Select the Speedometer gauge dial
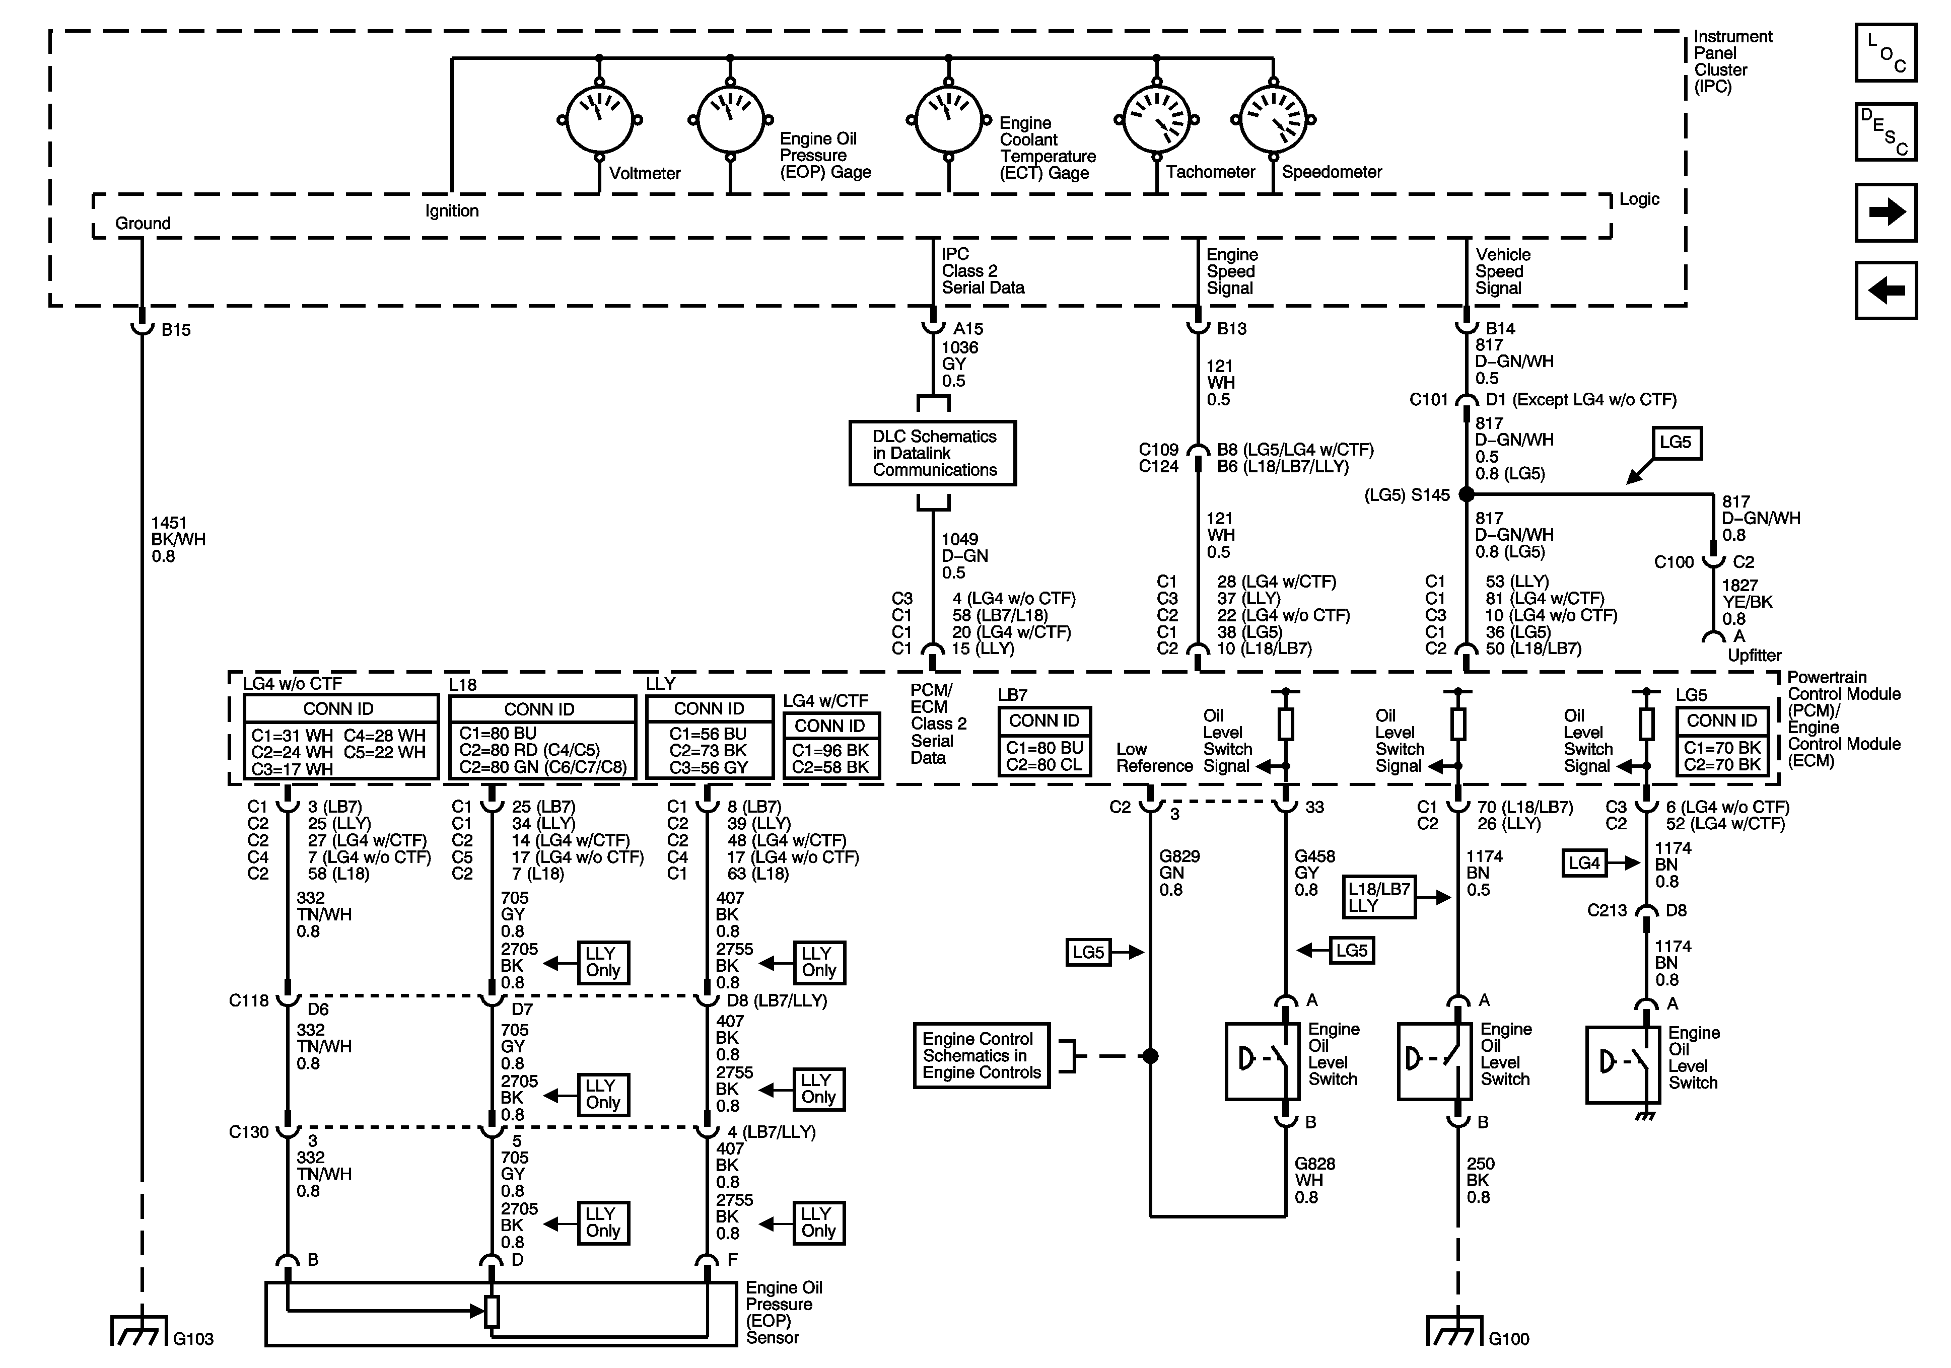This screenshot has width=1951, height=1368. pos(1273,119)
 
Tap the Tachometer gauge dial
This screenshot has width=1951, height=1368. pos(1156,119)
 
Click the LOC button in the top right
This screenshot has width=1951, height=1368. pos(1886,53)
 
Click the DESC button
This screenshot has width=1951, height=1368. pos(1886,132)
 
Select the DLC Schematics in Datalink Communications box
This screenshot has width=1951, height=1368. pos(933,453)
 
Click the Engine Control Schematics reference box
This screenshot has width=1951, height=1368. pos(982,1055)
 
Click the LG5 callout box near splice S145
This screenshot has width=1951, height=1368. pos(1676,443)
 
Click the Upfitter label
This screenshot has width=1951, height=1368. pos(1755,655)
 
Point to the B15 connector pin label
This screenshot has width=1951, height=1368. pos(176,330)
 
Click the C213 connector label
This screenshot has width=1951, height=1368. pos(1607,910)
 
